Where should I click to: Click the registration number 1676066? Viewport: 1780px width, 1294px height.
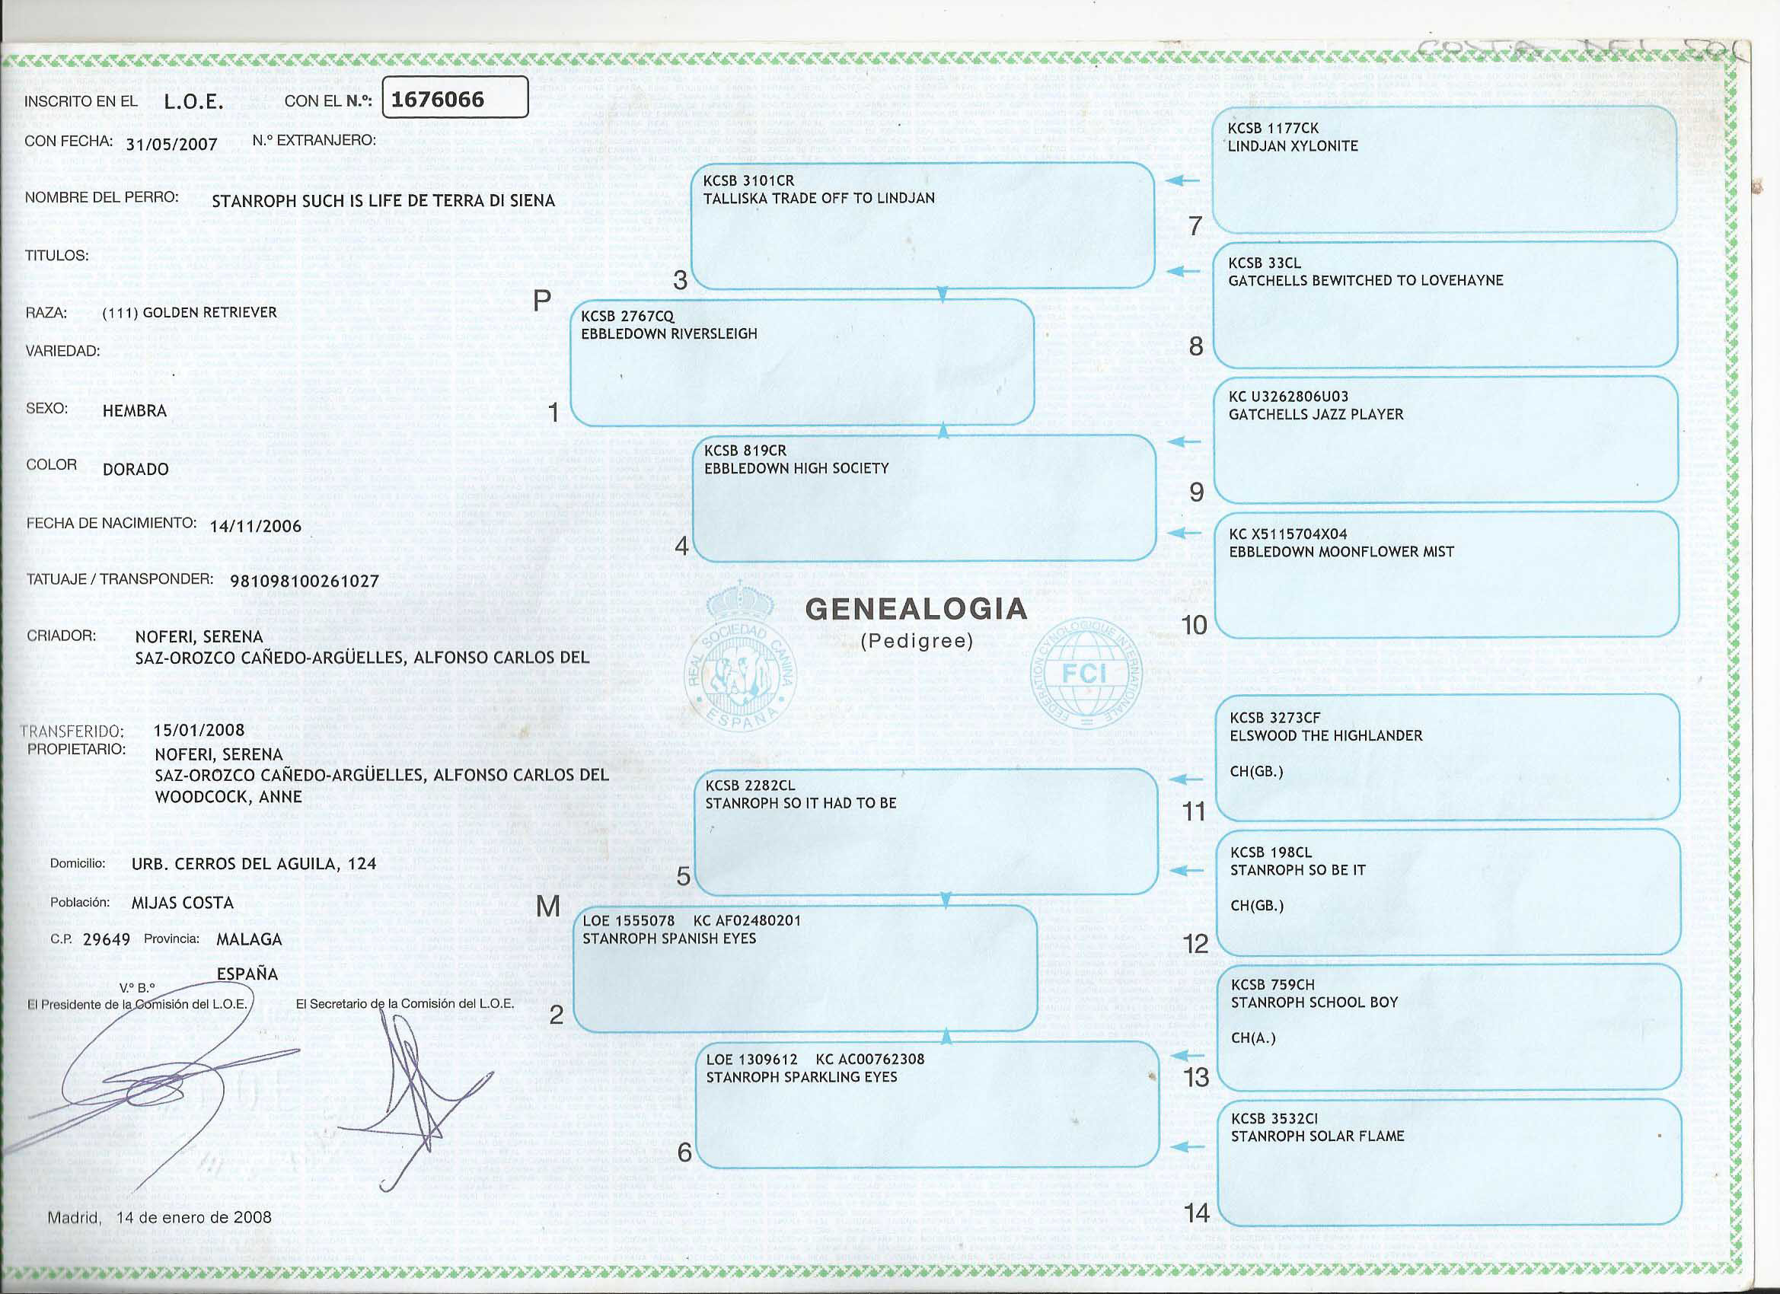[x=437, y=100]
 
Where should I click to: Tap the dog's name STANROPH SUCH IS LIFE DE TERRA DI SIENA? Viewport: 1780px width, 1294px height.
[x=383, y=201]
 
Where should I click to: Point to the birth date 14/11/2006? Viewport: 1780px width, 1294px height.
[x=255, y=526]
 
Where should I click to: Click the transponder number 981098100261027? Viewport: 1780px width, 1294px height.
[x=305, y=582]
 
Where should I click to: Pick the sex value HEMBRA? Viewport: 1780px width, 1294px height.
[x=134, y=411]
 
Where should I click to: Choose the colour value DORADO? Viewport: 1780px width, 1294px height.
[x=135, y=469]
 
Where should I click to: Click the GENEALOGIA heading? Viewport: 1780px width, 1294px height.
[x=916, y=609]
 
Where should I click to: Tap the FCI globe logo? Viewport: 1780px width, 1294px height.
[x=1086, y=674]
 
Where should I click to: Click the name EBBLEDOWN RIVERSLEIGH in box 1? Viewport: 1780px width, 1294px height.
[x=668, y=333]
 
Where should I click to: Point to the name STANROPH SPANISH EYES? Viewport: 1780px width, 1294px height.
[x=668, y=939]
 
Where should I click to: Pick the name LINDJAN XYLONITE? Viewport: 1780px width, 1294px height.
[x=1292, y=146]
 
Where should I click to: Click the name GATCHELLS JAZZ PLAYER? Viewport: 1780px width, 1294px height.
[x=1316, y=414]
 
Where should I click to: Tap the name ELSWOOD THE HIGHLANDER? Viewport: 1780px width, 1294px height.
[x=1325, y=735]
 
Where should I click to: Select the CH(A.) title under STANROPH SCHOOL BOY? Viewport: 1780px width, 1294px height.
[x=1252, y=1038]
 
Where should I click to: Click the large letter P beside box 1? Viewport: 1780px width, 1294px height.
[x=541, y=301]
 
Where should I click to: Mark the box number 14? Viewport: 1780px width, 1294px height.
[x=1196, y=1213]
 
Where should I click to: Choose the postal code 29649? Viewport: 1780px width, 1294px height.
[x=106, y=939]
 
